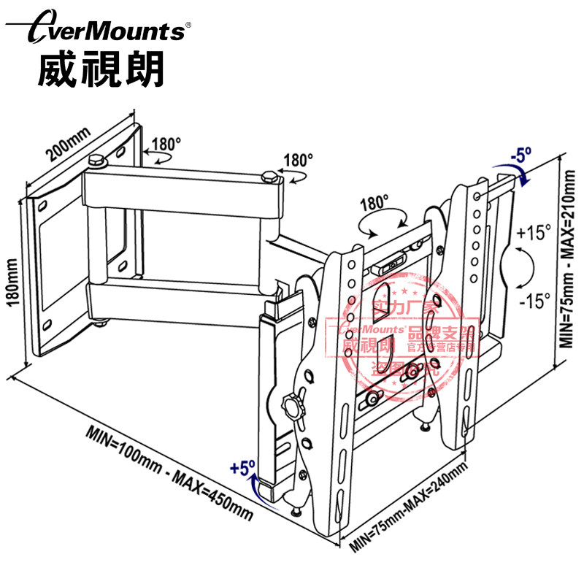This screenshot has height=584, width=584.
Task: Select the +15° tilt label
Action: (x=533, y=234)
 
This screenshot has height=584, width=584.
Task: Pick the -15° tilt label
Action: (x=533, y=300)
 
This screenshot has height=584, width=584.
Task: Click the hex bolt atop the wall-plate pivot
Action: (x=96, y=159)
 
